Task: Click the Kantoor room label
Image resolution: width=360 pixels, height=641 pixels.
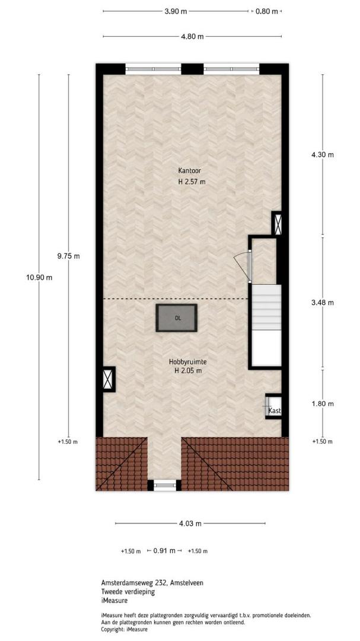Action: click(189, 170)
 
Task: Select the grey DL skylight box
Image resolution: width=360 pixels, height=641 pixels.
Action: click(176, 318)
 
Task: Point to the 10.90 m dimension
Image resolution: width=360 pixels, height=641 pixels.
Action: click(39, 277)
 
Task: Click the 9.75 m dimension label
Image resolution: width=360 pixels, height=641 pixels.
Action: click(68, 256)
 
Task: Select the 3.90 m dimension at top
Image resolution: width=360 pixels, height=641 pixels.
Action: click(176, 11)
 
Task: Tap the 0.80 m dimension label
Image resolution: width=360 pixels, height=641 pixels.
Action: click(267, 11)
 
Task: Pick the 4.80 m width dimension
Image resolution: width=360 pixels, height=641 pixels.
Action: click(192, 36)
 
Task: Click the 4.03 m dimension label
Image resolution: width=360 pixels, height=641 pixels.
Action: click(190, 523)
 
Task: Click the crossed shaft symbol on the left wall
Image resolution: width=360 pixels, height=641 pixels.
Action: click(109, 379)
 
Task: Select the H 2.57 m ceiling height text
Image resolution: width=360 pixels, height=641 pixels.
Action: click(192, 182)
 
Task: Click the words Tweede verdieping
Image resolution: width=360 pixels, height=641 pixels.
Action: click(128, 592)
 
